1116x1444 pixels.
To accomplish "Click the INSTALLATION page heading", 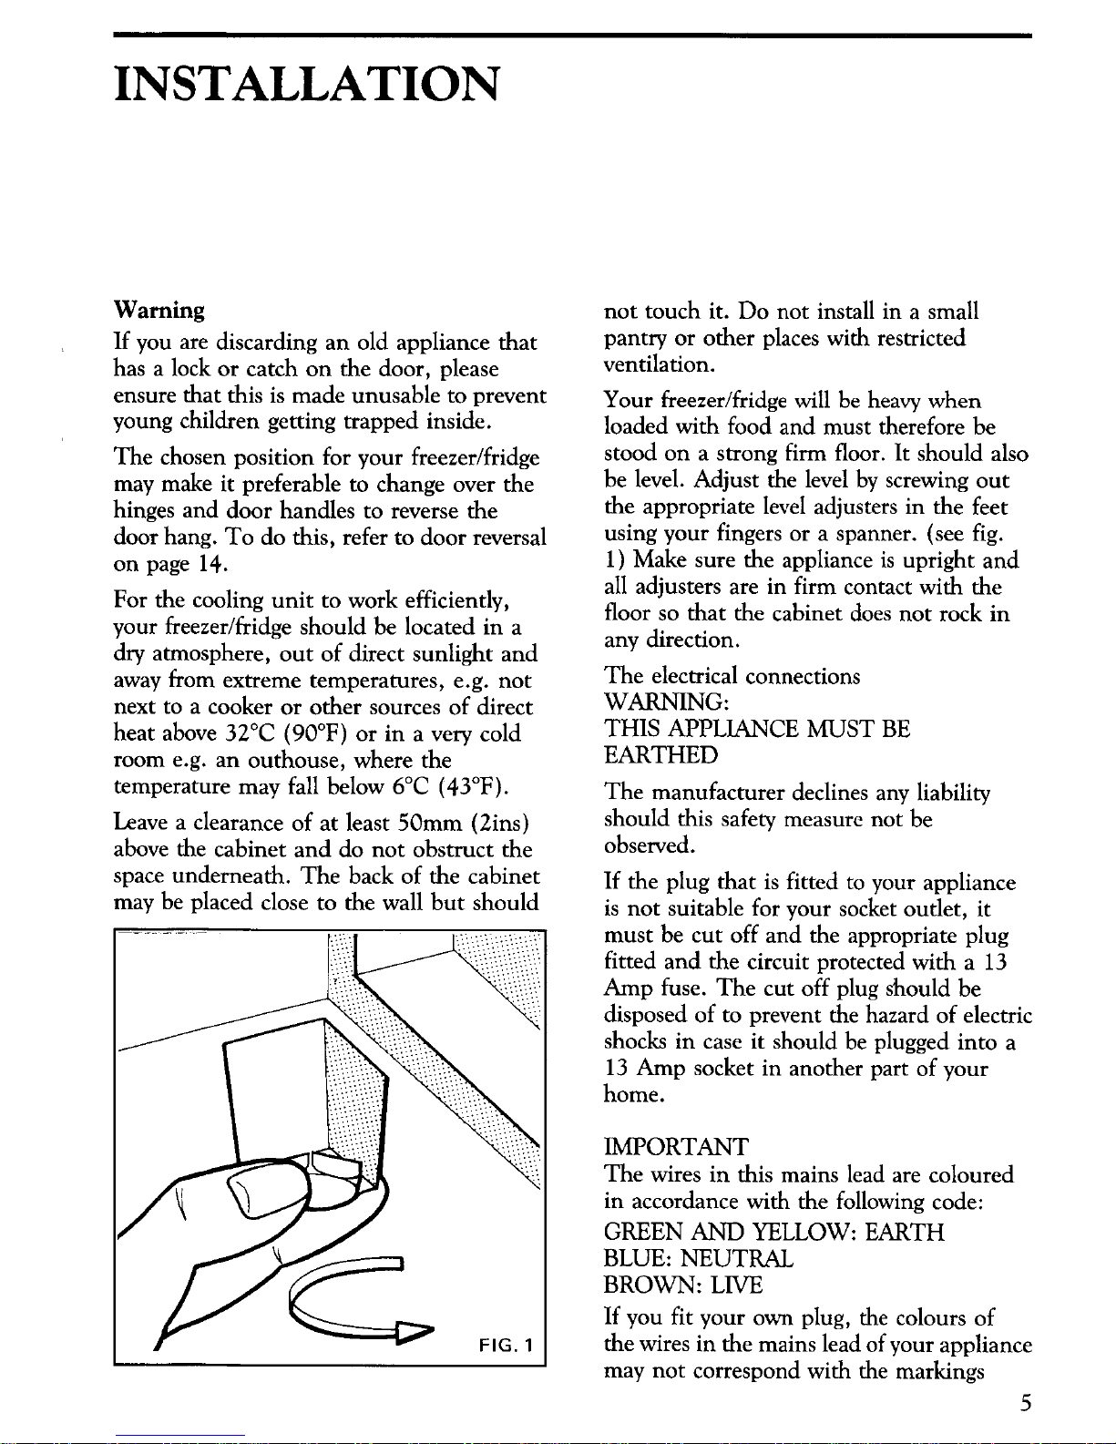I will (308, 85).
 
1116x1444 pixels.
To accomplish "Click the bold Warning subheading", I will (159, 311).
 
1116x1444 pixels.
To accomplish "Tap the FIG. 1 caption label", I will (505, 1347).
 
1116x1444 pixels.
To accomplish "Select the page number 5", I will (1025, 1403).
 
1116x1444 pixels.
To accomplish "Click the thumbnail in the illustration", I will (260, 1193).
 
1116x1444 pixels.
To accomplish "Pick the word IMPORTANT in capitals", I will (677, 1147).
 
